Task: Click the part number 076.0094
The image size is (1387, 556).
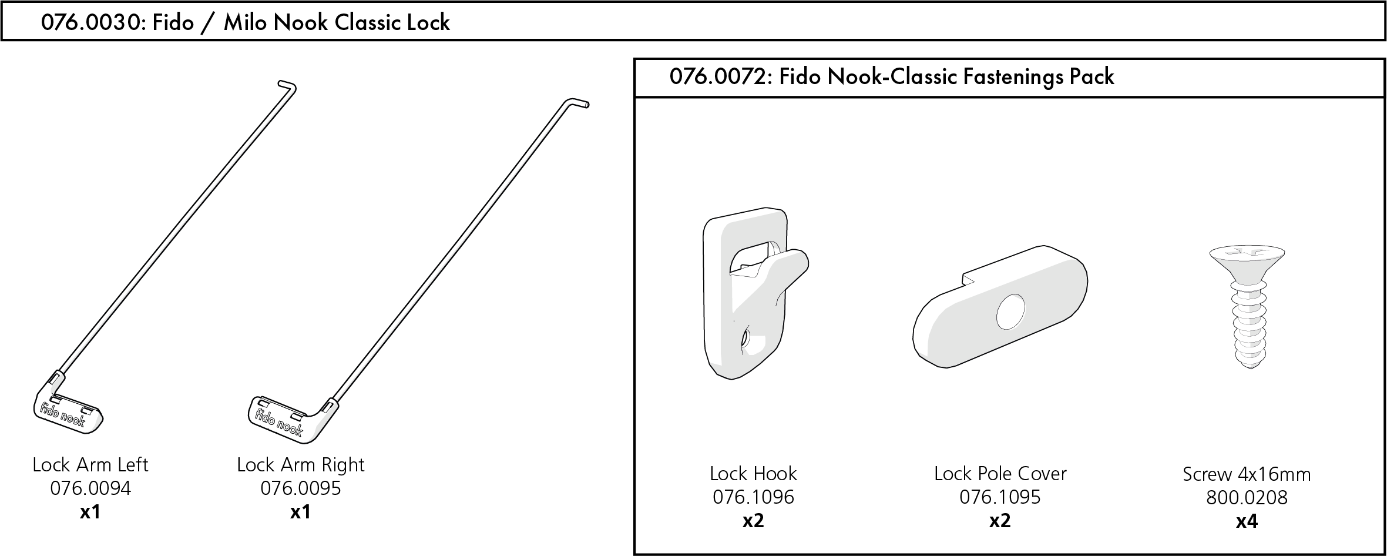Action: point(90,488)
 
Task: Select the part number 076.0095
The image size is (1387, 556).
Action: point(300,488)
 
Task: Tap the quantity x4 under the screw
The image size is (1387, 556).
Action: point(1246,521)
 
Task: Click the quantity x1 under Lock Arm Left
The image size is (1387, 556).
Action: point(90,513)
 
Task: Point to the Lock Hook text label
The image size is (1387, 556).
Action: point(753,474)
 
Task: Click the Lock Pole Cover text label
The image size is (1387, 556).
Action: point(1000,474)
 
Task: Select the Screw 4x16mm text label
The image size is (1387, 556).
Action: point(1247,474)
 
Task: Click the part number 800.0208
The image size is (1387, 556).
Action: point(1247,498)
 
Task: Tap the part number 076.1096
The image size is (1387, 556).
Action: point(753,497)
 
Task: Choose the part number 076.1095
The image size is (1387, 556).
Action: point(1000,497)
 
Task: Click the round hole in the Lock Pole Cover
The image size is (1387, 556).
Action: point(1010,312)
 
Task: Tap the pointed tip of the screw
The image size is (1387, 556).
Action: point(1247,364)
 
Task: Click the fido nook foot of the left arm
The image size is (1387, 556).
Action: point(68,411)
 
